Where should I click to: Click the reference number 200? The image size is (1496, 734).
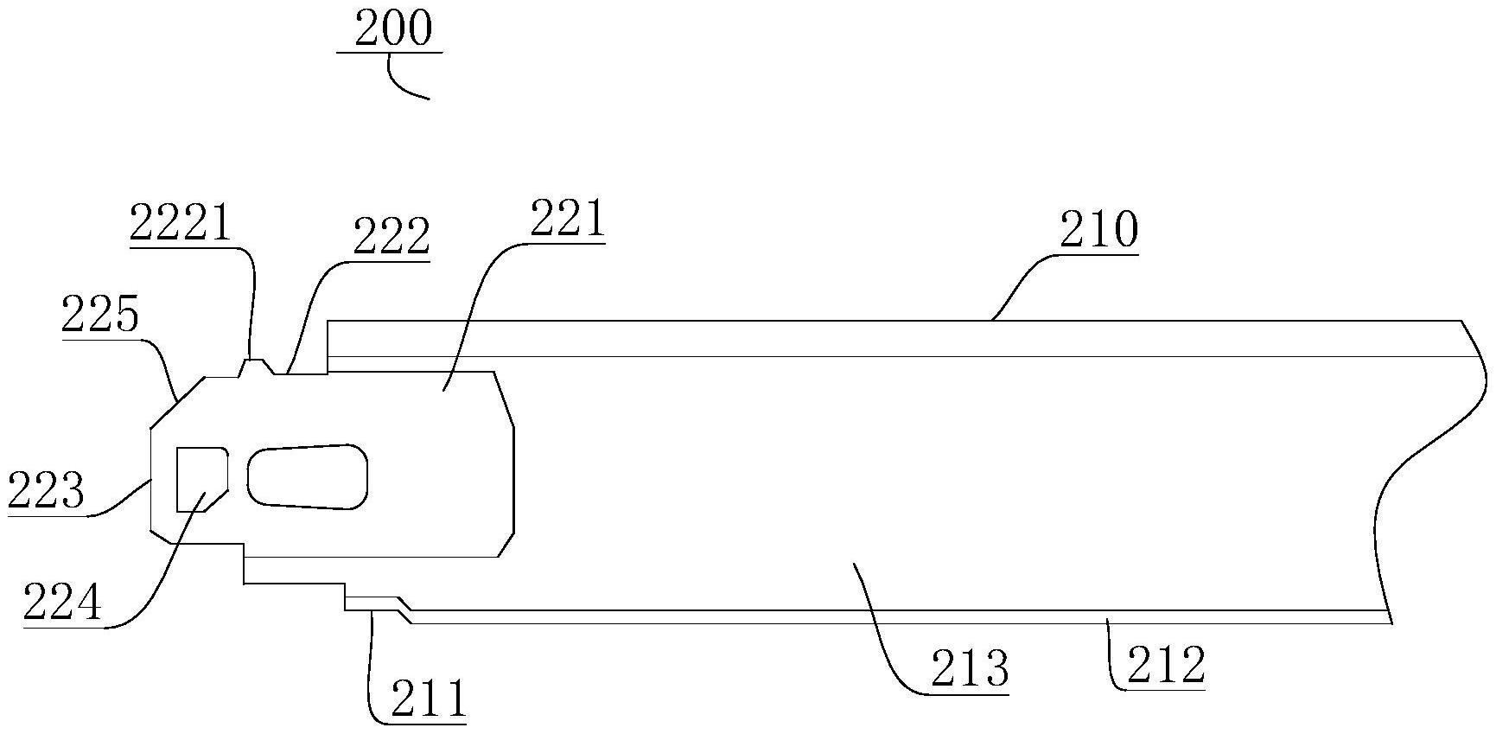point(392,29)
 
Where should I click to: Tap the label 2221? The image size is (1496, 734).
point(181,223)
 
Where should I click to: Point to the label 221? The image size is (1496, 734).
point(567,220)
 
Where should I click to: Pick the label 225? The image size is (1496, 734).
point(99,315)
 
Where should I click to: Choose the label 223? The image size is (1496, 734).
point(46,491)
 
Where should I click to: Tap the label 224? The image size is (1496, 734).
point(62,603)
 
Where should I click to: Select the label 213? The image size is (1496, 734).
point(970,668)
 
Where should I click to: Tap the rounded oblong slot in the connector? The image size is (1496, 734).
point(307,476)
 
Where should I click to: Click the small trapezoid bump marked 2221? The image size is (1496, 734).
point(253,367)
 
